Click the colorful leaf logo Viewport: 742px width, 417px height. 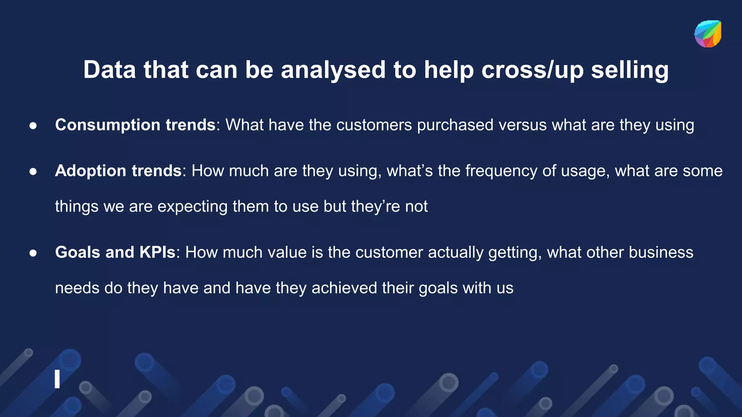[708, 34]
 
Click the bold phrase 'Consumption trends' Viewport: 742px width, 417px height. [135, 125]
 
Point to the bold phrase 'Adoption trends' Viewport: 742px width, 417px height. [118, 170]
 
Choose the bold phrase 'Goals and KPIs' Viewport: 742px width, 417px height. [115, 252]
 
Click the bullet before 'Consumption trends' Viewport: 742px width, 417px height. [33, 126]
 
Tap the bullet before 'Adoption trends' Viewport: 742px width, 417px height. [33, 171]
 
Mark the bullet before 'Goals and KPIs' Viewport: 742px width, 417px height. [33, 253]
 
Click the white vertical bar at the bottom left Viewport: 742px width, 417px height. [57, 379]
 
